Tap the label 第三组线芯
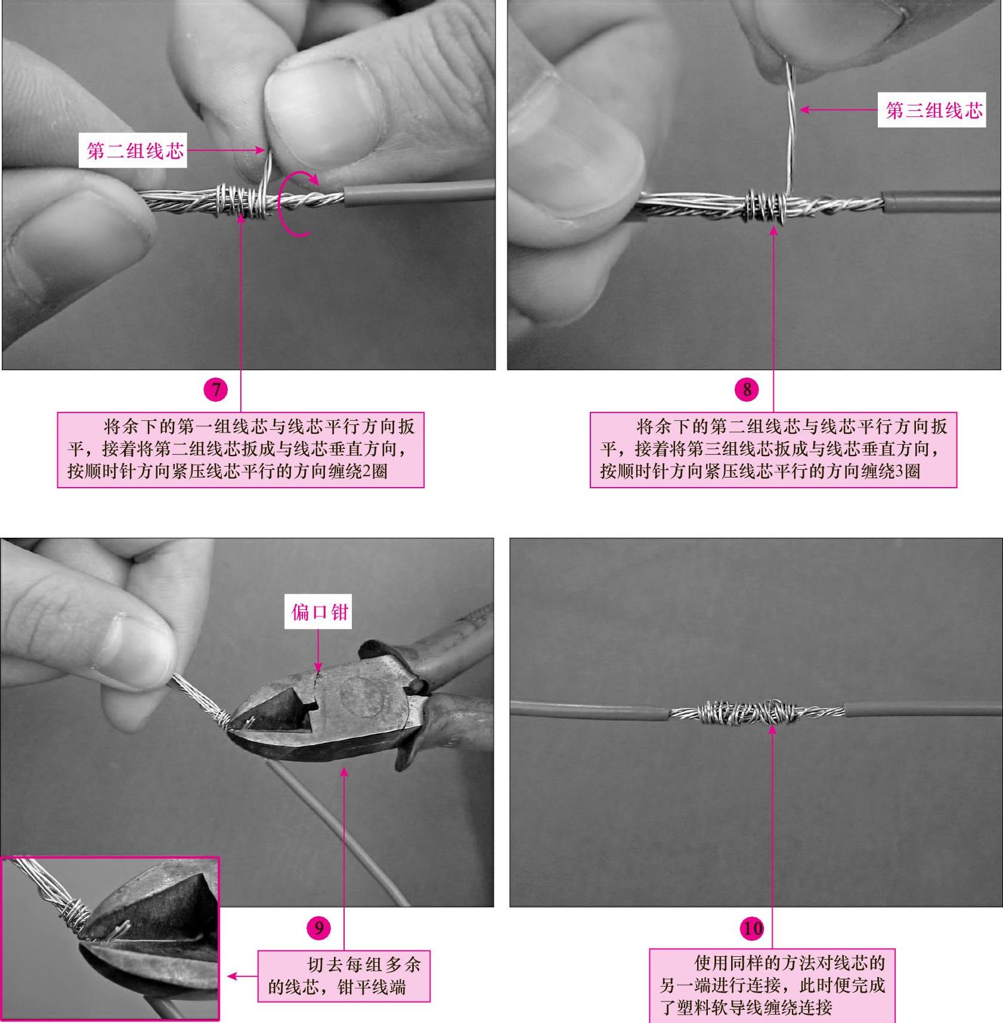(931, 110)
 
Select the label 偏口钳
(317, 612)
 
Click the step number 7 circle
(215, 390)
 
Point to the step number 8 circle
(747, 390)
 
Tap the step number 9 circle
(318, 928)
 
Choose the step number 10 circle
(751, 928)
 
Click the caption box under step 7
(240, 449)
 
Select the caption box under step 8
(773, 449)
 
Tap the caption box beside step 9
(343, 976)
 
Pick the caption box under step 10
(772, 985)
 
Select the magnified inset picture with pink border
(110, 938)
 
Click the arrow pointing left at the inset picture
(242, 976)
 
